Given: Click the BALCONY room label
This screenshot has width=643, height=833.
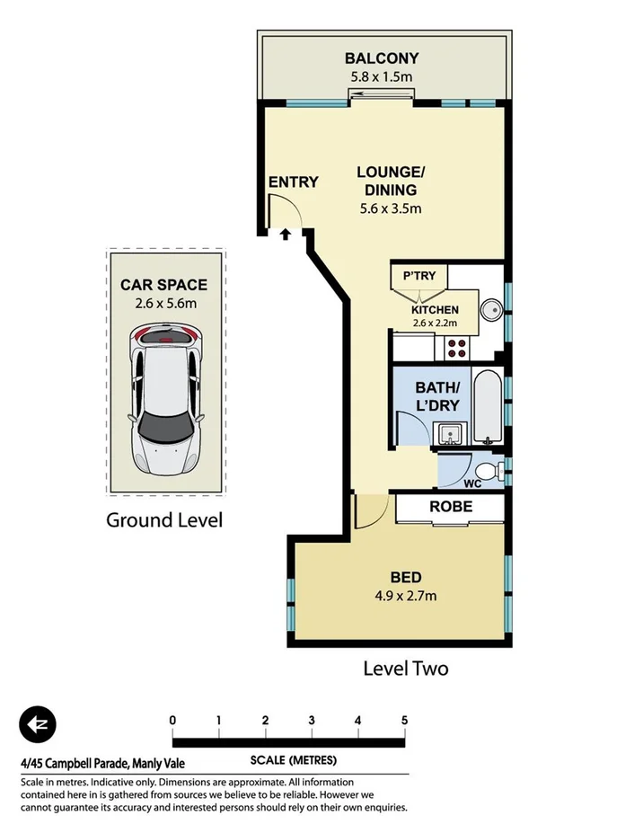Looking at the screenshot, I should pyautogui.click(x=382, y=59).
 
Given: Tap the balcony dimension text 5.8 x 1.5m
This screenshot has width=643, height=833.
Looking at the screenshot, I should pyautogui.click(x=382, y=77).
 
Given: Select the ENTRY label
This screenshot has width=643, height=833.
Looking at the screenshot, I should pyautogui.click(x=294, y=182).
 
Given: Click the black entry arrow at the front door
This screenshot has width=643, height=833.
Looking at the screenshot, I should pyautogui.click(x=286, y=235).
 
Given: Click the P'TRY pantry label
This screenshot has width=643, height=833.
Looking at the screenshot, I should pyautogui.click(x=418, y=276).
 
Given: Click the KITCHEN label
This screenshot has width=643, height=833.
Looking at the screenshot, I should pyautogui.click(x=435, y=310).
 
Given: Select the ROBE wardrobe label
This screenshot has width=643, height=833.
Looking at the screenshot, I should pyautogui.click(x=451, y=507).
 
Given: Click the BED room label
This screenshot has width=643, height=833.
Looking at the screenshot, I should pyautogui.click(x=406, y=577).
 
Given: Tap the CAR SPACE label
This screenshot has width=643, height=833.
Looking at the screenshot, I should pyautogui.click(x=164, y=285).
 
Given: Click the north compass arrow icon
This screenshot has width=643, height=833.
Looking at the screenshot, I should pyautogui.click(x=38, y=724).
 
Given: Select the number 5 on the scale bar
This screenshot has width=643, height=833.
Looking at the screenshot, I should pyautogui.click(x=405, y=720).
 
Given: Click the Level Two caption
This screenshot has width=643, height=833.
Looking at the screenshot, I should pyautogui.click(x=405, y=668).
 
